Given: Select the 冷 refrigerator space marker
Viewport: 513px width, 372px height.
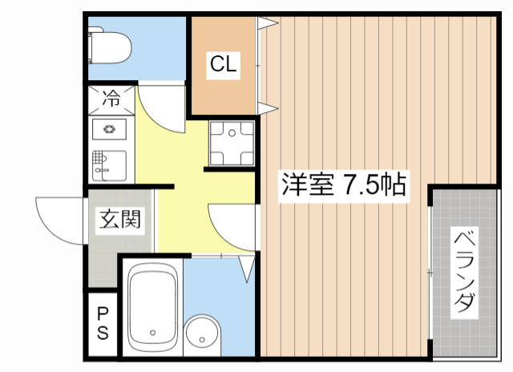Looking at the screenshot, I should pyautogui.click(x=111, y=99).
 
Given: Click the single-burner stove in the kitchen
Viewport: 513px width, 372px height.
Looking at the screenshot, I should pyautogui.click(x=108, y=131).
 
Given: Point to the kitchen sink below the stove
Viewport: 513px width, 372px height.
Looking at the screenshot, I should pyautogui.click(x=107, y=164).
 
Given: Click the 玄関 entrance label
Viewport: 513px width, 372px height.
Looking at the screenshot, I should pyautogui.click(x=121, y=219).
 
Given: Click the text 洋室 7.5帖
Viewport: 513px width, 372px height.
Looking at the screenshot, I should pyautogui.click(x=341, y=186).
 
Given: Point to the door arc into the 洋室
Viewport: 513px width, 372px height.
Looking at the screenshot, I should pyautogui.click(x=232, y=227).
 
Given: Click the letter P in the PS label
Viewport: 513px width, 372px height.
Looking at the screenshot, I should pyautogui.click(x=103, y=313).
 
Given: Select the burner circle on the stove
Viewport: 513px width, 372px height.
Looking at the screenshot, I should pyautogui.click(x=108, y=131).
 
